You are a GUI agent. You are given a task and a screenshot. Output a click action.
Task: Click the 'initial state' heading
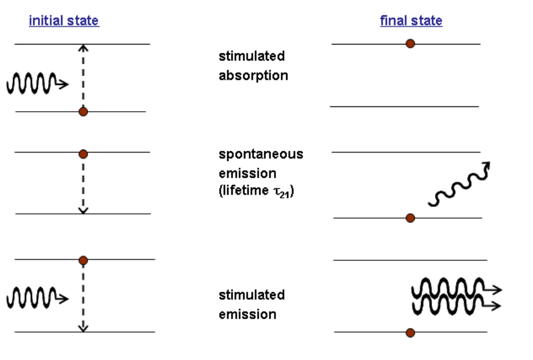(64, 21)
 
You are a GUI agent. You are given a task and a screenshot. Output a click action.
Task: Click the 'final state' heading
(411, 21)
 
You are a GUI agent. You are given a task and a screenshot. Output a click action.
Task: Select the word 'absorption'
(253, 76)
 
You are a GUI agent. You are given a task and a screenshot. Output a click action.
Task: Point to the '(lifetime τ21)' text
(256, 191)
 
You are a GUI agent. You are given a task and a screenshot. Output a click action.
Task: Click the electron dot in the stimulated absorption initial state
(83, 112)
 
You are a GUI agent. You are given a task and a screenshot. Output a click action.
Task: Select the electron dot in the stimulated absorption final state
(410, 43)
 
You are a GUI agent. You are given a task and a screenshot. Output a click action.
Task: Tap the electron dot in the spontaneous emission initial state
(83, 154)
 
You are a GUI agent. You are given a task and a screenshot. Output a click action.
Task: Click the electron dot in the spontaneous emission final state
(410, 218)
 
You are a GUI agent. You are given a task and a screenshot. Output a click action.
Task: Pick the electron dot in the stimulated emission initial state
(83, 261)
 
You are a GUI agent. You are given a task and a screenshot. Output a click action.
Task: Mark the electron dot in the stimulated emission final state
(410, 333)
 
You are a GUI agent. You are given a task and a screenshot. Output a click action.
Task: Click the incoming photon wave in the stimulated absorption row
(37, 83)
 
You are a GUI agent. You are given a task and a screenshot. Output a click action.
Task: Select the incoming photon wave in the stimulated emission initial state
(37, 298)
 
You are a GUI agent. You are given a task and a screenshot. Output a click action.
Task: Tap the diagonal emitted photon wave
(459, 184)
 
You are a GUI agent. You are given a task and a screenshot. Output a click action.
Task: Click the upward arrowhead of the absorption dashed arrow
(83, 48)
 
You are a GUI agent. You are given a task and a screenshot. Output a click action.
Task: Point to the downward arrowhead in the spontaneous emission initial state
(83, 210)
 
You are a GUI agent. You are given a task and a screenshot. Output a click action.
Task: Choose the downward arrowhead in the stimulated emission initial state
(83, 328)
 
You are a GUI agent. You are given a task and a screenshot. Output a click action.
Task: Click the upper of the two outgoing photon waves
(457, 288)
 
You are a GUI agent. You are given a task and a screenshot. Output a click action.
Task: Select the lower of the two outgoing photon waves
(456, 305)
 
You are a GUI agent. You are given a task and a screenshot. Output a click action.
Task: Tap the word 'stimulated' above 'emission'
(252, 295)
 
